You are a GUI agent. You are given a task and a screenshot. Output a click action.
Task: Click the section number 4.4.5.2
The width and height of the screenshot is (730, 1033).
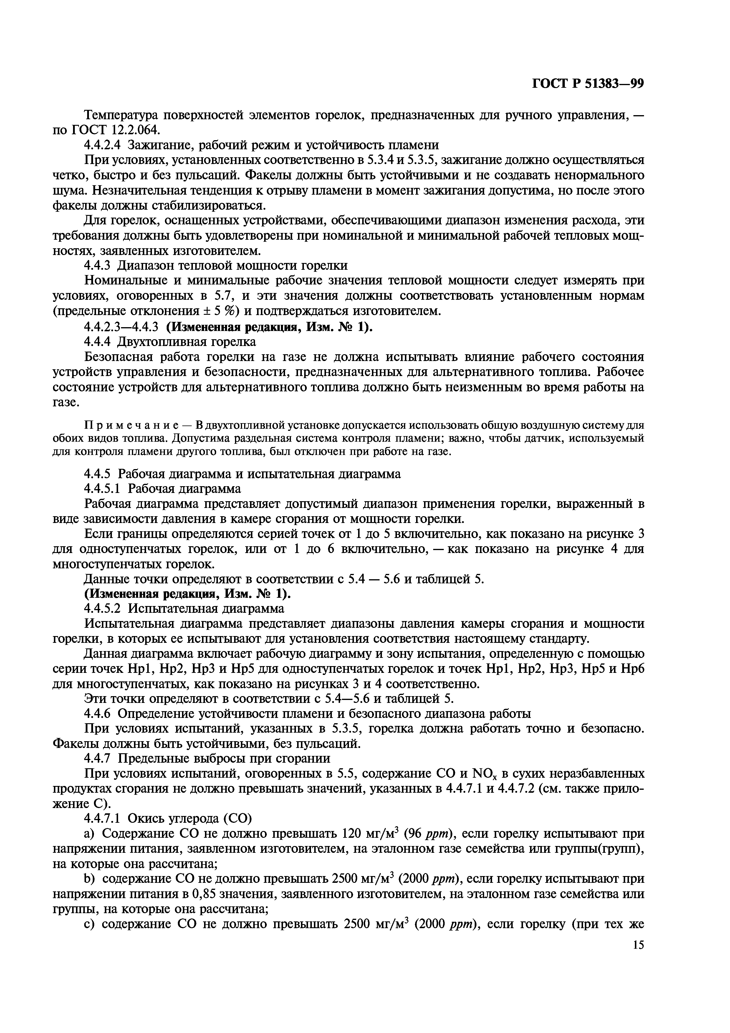[103, 609]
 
